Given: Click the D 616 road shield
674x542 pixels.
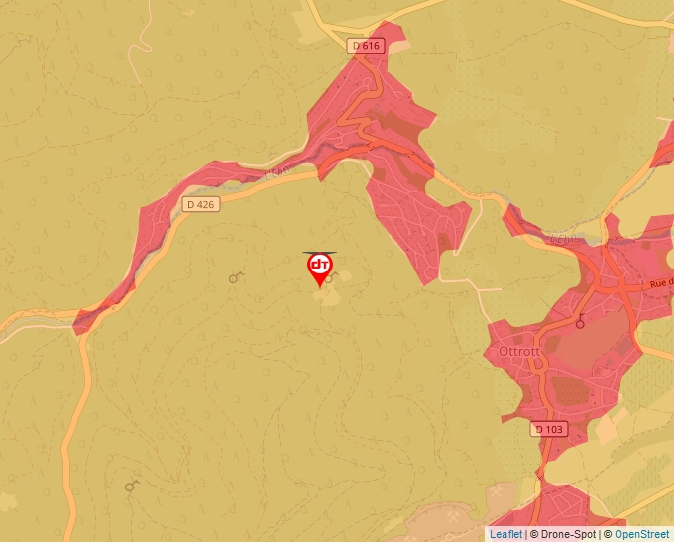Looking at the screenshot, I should click(x=366, y=46).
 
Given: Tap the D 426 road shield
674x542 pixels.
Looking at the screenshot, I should click(x=199, y=204).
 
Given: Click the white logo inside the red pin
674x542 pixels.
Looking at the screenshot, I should click(x=320, y=266).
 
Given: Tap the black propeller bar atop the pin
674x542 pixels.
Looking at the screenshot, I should click(x=319, y=252).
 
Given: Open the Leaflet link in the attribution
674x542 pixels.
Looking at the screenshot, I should click(x=505, y=534).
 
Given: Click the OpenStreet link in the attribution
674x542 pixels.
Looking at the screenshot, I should click(x=641, y=534).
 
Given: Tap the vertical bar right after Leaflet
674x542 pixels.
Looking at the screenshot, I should click(x=525, y=534).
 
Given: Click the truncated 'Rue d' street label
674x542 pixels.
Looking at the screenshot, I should click(x=660, y=283).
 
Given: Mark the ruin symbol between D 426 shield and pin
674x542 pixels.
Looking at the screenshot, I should click(x=235, y=278).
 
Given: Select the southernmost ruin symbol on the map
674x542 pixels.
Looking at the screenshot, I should click(x=131, y=486).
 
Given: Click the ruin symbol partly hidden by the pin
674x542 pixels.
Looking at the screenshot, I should click(x=334, y=276).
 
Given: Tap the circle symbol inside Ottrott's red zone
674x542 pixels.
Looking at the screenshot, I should click(x=580, y=321).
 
